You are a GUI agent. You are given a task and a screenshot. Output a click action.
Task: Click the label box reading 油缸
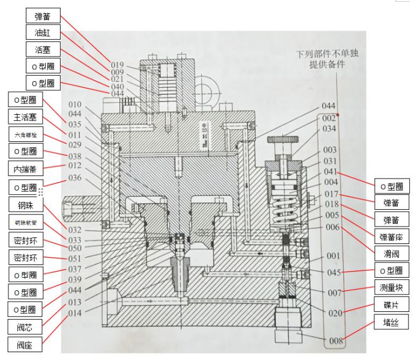tap(43, 32)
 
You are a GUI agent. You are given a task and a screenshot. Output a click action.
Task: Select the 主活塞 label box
tap(25, 116)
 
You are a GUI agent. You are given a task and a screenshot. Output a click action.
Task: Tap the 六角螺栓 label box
tap(25, 133)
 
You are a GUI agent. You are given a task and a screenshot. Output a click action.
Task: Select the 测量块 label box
tap(391, 287)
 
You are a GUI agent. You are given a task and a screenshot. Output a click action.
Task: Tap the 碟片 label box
tap(391, 304)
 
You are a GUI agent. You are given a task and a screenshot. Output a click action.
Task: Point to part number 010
tap(75, 105)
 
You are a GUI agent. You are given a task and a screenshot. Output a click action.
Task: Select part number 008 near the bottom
tap(335, 341)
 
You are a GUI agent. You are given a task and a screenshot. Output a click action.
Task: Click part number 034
tap(329, 128)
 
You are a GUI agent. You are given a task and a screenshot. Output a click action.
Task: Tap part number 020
tap(335, 313)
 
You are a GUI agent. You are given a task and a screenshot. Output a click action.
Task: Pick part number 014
tap(75, 313)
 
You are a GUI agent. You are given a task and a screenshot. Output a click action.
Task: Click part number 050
tap(75, 248)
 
